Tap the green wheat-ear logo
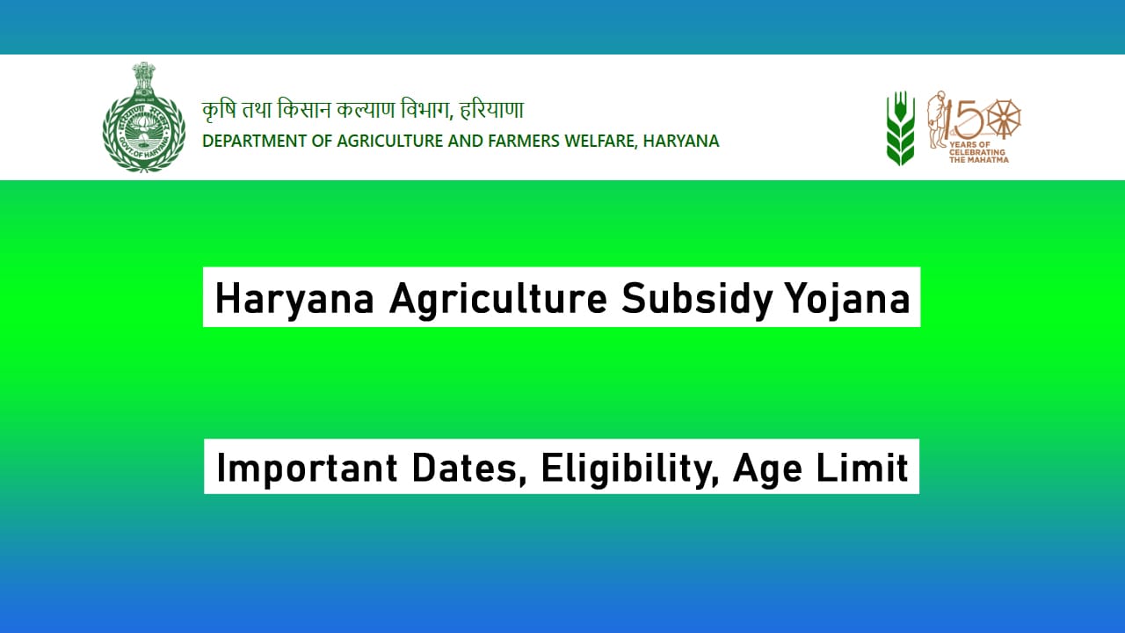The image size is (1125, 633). [900, 128]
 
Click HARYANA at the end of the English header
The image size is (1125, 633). [681, 141]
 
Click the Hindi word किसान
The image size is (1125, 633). [304, 112]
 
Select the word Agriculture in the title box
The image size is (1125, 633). [497, 299]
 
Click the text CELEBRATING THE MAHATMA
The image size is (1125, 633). [978, 156]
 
